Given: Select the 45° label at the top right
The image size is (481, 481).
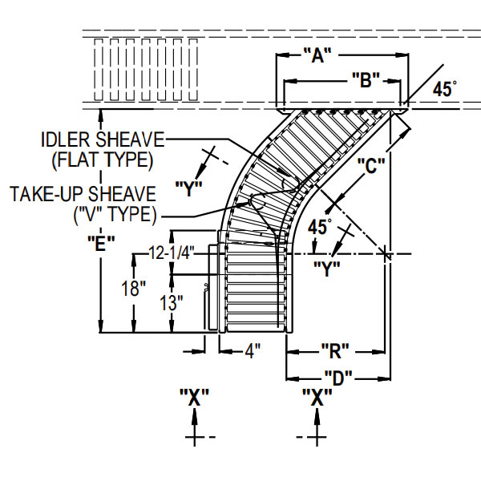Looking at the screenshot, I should click(445, 90).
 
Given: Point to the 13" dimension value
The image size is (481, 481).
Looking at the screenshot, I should click(170, 303).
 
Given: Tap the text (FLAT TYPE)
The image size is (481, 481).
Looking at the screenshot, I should click(102, 160).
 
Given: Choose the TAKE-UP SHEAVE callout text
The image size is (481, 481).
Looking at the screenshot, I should click(83, 195).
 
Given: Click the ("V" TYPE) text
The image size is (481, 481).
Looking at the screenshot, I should click(114, 214).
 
